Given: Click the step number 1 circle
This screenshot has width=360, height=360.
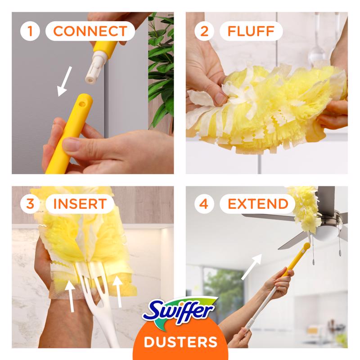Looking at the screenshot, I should coord(30,31).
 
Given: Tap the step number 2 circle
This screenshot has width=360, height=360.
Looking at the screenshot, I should coord(204,31).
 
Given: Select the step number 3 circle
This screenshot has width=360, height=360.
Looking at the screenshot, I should coord(30,203).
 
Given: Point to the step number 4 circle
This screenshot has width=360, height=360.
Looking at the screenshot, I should coord(204,203).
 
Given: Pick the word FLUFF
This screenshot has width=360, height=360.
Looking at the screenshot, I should coord(251,31).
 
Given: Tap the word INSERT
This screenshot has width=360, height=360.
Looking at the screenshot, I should coord(80,203).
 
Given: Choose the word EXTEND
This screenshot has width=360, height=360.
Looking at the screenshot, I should coord(258,203).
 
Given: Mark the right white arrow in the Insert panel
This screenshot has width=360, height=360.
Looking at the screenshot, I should coord(118,290).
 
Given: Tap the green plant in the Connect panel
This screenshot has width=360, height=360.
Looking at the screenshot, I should coord(161,67).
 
